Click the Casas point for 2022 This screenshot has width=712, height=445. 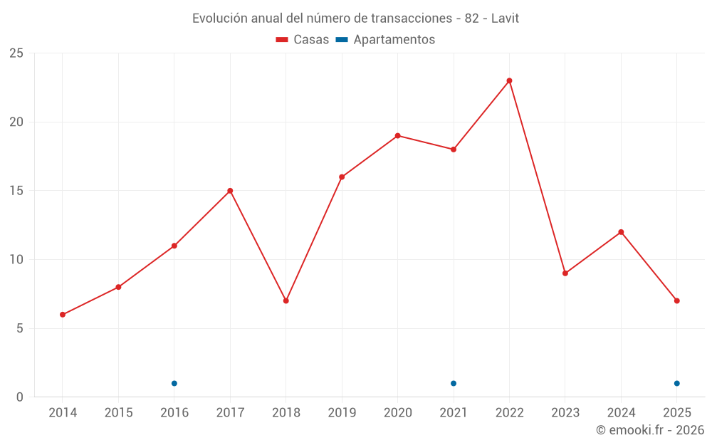(509, 80)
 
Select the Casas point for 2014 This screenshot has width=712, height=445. (63, 315)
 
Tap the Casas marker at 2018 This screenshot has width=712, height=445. (286, 300)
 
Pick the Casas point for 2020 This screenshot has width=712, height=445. (397, 135)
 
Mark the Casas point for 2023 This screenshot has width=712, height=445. (565, 273)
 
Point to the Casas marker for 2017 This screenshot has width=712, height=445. (230, 191)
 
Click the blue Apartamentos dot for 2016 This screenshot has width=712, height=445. (174, 383)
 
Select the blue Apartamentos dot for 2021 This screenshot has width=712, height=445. (453, 383)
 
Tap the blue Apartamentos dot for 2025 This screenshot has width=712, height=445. (676, 383)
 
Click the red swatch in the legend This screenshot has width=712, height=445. (282, 40)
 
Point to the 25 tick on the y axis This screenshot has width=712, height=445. (16, 53)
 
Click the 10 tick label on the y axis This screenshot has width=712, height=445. (16, 260)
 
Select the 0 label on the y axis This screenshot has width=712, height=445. (20, 397)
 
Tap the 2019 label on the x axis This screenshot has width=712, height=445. (342, 413)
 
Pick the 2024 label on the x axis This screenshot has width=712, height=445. (621, 413)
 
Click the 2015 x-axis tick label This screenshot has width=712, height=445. (118, 413)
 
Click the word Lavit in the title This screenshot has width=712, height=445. (505, 18)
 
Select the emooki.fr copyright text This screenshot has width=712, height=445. (649, 430)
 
